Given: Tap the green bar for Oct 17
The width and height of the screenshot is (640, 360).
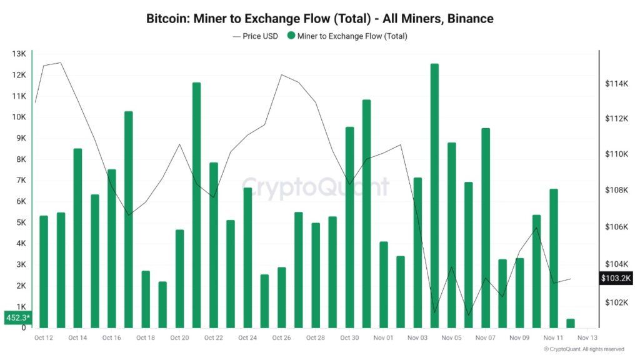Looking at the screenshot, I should point(129,219).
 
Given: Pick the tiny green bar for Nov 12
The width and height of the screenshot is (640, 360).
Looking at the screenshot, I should point(570,323).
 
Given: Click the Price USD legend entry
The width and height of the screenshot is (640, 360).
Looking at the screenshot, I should point(256,36).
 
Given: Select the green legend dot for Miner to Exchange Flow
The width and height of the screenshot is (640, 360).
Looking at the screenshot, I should point(291,36).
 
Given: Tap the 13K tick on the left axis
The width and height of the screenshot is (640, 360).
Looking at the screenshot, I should point(18,54).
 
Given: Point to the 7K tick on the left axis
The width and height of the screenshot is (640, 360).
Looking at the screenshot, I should point(19,180).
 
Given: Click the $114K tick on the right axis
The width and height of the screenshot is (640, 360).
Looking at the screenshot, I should point(614,84).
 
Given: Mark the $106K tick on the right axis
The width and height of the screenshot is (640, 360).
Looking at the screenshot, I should point(614,227).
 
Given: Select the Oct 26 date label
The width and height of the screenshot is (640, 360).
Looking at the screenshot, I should point(281,338).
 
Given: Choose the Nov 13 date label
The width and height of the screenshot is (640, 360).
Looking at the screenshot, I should point(587,338).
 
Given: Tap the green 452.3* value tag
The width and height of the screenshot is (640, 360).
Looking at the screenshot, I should point(16,317).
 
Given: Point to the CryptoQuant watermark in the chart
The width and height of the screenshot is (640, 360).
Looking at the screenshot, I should point(315,187).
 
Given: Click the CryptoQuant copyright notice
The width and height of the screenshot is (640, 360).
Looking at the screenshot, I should point(584,349).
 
